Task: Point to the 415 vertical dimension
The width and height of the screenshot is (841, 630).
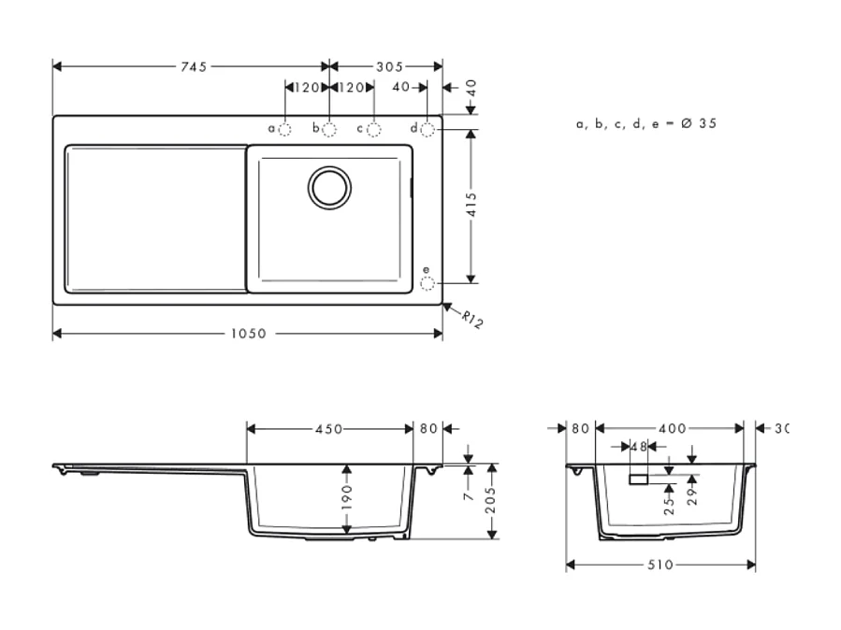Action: click(471, 205)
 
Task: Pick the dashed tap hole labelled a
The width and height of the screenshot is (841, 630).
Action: click(285, 128)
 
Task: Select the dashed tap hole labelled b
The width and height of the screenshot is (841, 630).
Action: click(329, 128)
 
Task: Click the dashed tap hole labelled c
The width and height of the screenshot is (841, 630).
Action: click(373, 128)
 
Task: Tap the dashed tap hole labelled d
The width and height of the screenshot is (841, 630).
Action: click(428, 128)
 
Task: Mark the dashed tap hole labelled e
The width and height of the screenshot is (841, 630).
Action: click(428, 282)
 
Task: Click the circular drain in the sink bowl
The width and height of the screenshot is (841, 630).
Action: click(330, 186)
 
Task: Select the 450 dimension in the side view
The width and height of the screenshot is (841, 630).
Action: click(328, 429)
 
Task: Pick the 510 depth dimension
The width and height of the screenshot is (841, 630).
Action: click(660, 565)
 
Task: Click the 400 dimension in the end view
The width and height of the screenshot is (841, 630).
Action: click(672, 429)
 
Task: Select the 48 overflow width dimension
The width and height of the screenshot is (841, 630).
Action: click(638, 446)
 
